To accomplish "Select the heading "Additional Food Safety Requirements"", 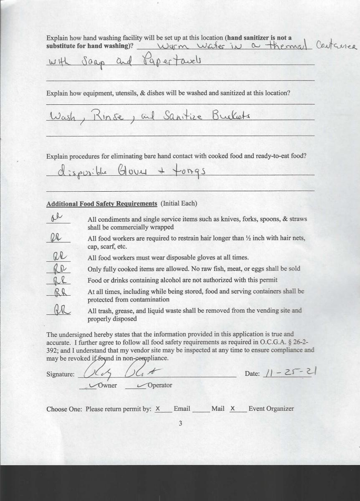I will (x=101, y=204).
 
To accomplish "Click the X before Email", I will (x=157, y=409).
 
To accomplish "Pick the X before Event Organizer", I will (x=233, y=409).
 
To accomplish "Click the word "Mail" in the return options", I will (x=218, y=409).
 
